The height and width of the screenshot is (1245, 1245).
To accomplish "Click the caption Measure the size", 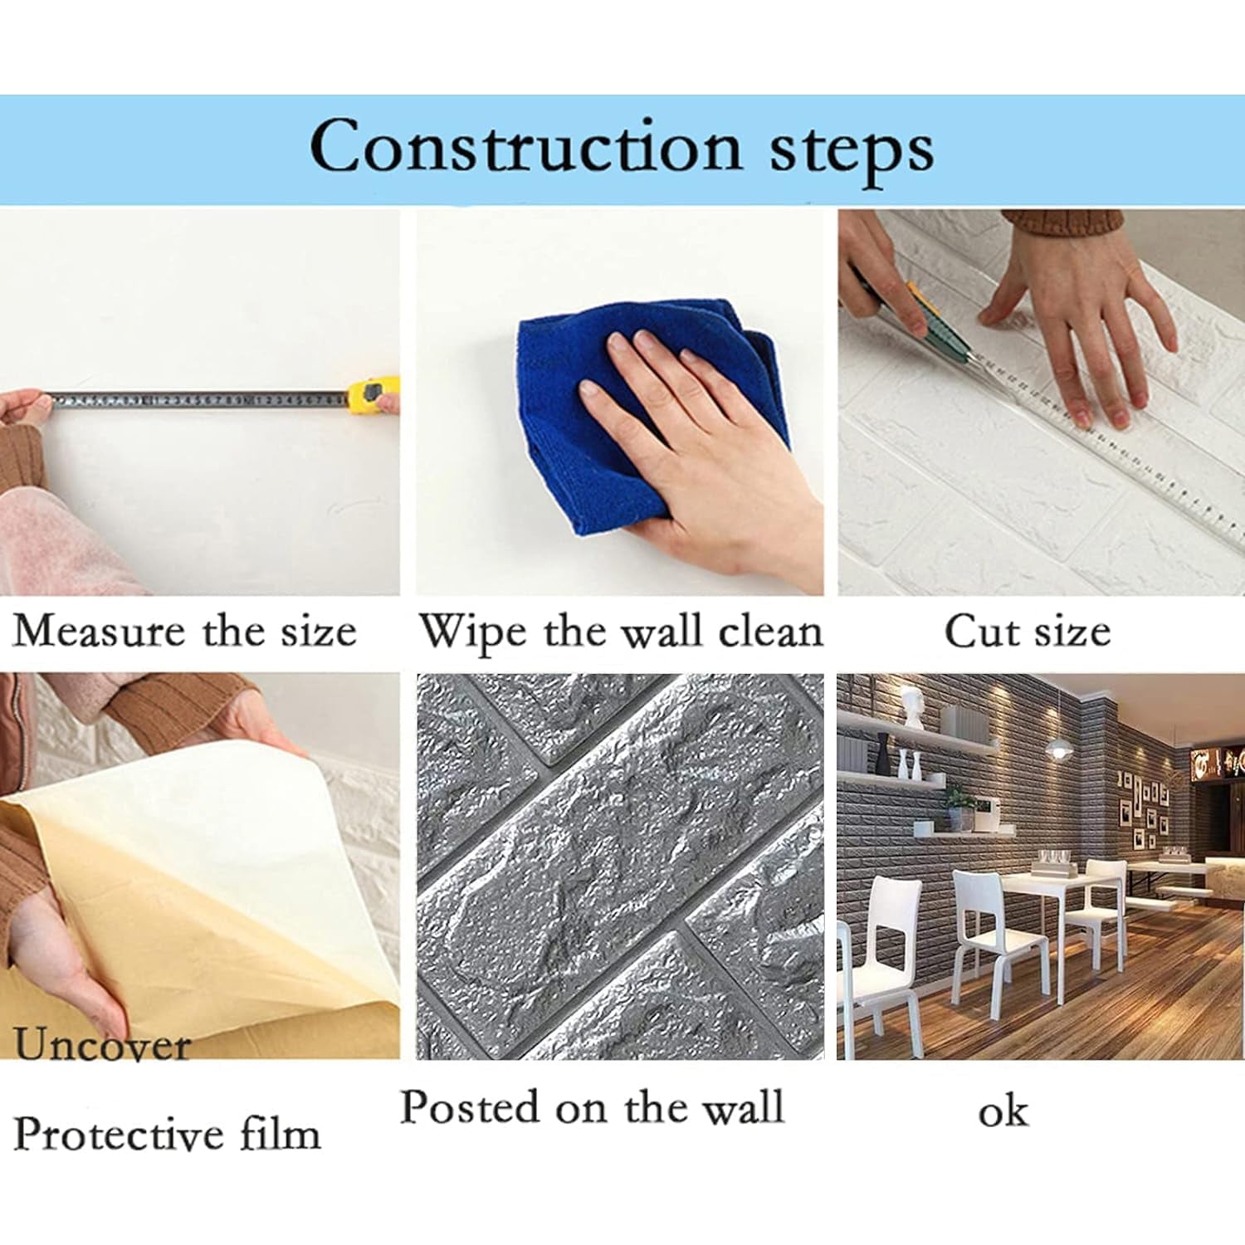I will [184, 631].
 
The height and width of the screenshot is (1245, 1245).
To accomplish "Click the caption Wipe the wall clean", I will [620, 631].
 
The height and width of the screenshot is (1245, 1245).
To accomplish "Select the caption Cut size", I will [1027, 631].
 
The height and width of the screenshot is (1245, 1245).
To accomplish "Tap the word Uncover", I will [101, 1044].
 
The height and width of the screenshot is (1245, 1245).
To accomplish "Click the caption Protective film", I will [166, 1133].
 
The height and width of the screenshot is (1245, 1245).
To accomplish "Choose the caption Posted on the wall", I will [591, 1108].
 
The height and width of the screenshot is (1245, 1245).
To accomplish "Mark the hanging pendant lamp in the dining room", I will [1056, 747].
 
